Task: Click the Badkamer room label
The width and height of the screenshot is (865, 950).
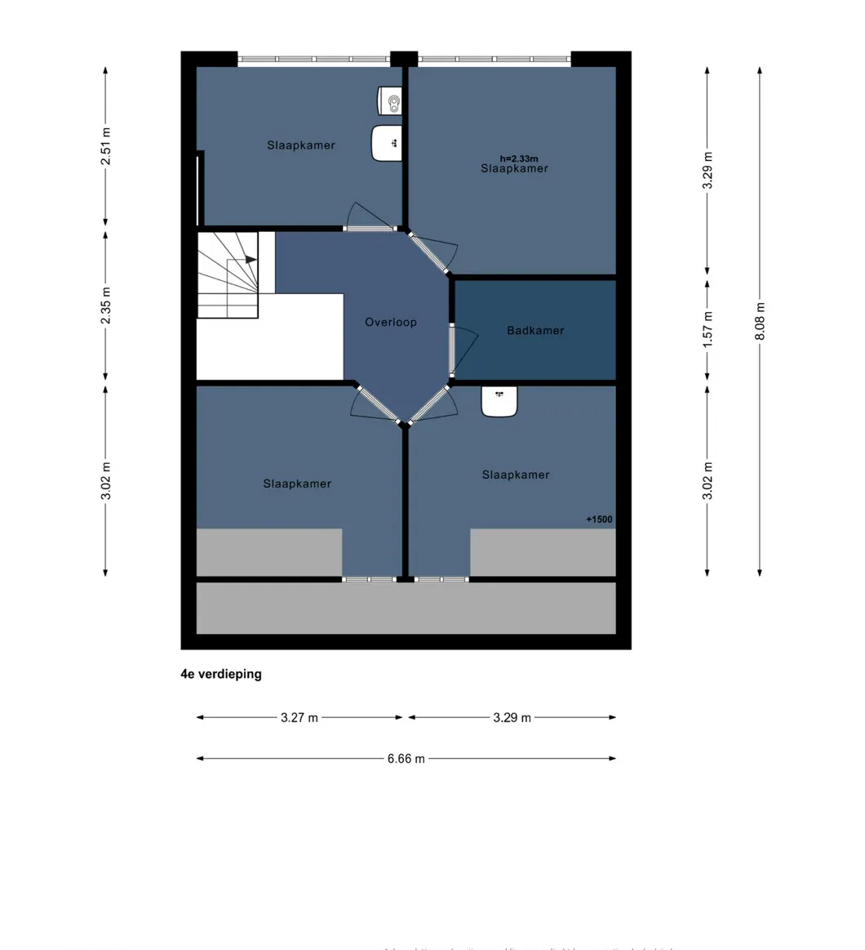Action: [x=535, y=331]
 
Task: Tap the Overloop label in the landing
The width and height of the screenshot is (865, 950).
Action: [x=391, y=323]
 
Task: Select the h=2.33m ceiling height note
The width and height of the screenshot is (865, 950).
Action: [x=519, y=159]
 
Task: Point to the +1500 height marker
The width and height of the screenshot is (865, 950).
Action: [x=599, y=519]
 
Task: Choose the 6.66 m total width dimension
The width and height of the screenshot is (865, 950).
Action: [x=406, y=758]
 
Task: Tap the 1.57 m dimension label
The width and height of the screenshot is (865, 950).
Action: [x=708, y=327]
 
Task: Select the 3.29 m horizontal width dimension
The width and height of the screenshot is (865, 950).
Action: [x=512, y=717]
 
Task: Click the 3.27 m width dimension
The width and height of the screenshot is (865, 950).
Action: [x=299, y=717]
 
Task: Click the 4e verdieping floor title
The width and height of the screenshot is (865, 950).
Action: [x=221, y=675]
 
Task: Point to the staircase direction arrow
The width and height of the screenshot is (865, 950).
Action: [x=251, y=260]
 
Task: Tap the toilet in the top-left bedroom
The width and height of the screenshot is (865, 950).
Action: [x=390, y=101]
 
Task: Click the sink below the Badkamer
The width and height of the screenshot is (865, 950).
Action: [x=499, y=401]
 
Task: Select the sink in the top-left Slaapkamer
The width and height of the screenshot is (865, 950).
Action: [x=387, y=143]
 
